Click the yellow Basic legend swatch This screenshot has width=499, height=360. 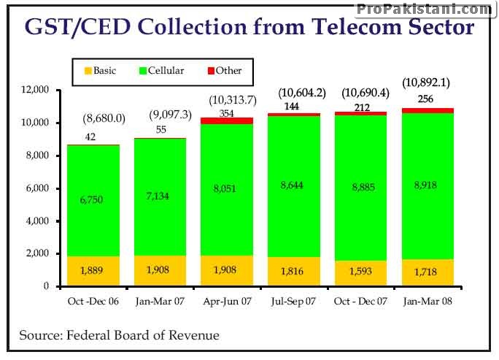89,71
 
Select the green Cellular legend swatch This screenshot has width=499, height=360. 142,71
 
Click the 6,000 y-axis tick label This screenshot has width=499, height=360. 35,188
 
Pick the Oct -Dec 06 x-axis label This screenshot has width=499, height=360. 93,302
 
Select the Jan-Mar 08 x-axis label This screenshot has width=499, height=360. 428,302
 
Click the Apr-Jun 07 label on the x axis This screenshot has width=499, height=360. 226,302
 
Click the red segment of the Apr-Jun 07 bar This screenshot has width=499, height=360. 226,120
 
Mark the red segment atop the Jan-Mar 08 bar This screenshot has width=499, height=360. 428,110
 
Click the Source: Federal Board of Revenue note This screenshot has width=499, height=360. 119,335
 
